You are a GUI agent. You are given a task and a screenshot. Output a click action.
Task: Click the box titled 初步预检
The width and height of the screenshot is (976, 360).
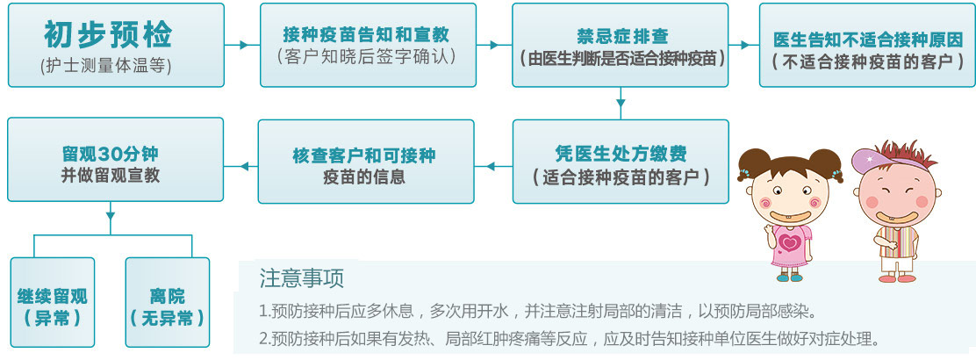click(x=116, y=45)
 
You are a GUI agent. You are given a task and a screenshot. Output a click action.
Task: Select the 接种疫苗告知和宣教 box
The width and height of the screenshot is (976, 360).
click(x=368, y=45)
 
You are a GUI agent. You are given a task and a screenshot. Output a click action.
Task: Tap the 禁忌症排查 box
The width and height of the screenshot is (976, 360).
click(x=620, y=45)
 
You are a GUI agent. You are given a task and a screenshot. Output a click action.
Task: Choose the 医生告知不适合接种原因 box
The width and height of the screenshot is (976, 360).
click(x=867, y=45)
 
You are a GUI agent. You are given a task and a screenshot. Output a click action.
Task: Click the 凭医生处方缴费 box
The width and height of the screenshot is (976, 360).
click(x=621, y=162)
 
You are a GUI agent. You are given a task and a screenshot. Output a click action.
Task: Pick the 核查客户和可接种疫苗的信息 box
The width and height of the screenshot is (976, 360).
click(x=366, y=162)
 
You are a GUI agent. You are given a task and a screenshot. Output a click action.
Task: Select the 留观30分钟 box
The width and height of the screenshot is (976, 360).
click(x=115, y=160)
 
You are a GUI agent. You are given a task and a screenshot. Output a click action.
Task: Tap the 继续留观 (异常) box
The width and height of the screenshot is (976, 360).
click(x=53, y=302)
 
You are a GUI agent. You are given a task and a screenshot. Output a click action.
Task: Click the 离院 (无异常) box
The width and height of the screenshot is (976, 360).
click(x=168, y=302)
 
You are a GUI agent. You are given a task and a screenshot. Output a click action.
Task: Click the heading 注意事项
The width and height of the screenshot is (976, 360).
click(x=302, y=277)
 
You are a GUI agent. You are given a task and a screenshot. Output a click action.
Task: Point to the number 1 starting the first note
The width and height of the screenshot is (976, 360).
click(x=262, y=310)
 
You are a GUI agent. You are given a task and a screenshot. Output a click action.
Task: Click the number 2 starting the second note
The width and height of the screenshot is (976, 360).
click(x=263, y=339)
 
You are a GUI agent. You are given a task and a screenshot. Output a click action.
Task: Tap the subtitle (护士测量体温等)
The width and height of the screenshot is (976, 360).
click(x=105, y=66)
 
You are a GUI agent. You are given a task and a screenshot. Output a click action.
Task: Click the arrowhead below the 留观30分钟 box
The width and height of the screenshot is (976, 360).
click(x=111, y=215)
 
